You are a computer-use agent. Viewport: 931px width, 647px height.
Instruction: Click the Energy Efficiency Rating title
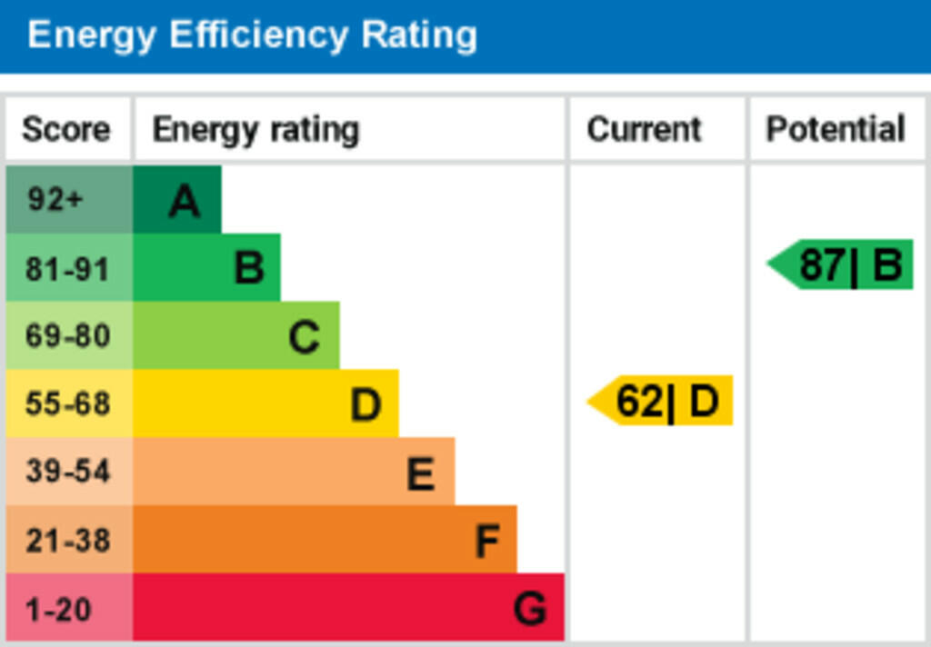coord(252,35)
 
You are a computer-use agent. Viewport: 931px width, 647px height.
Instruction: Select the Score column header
coord(65,129)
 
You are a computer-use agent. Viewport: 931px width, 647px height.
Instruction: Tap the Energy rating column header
coord(255,130)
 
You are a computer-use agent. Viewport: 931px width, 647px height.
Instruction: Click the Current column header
coord(644,129)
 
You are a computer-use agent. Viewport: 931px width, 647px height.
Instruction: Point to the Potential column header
coord(835,129)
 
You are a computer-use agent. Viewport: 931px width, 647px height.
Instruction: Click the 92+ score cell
coord(55,199)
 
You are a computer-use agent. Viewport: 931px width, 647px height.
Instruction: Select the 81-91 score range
coord(67,269)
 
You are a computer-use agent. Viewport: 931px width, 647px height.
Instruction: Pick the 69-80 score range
coord(67,336)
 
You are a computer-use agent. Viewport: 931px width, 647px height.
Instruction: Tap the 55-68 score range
coord(67,403)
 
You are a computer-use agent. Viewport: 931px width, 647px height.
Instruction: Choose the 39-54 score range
coord(67,472)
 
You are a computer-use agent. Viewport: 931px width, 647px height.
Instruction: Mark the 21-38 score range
coord(67,541)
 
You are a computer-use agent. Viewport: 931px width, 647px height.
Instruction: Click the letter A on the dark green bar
coord(184,201)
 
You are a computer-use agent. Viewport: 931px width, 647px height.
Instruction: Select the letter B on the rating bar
coord(248,269)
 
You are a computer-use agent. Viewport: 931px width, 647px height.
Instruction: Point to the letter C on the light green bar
coord(304,337)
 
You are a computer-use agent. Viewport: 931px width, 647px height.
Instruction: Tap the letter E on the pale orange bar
coord(419,473)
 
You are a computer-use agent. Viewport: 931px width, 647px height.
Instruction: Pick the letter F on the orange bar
coord(487,542)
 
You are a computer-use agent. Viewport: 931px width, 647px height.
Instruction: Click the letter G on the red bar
coord(530,609)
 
